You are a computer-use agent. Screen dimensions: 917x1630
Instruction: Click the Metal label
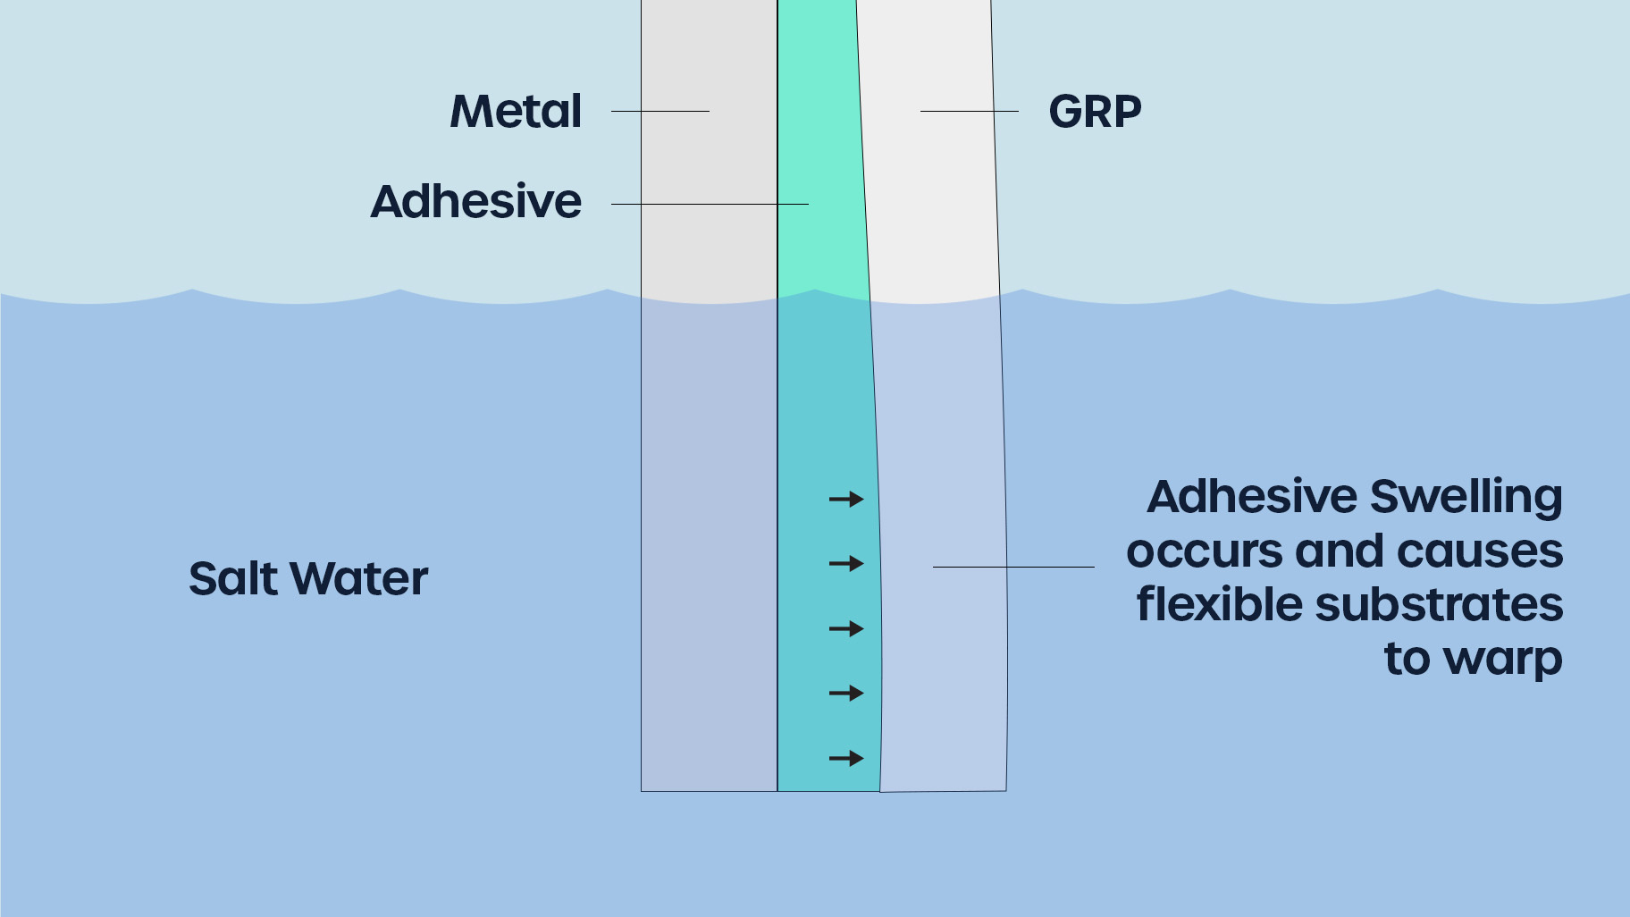click(516, 112)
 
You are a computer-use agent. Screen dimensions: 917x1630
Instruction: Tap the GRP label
click(1095, 112)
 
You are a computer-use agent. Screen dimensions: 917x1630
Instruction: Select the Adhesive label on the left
click(476, 201)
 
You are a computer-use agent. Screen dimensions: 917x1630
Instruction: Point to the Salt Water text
click(308, 578)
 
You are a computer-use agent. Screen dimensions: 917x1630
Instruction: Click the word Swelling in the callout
click(1466, 498)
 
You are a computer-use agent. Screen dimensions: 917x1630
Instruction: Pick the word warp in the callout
click(1503, 660)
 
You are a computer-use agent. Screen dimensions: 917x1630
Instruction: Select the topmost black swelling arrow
click(846, 499)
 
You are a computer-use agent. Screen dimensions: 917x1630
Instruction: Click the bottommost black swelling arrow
click(846, 759)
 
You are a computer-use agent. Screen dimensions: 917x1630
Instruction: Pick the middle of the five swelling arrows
click(846, 629)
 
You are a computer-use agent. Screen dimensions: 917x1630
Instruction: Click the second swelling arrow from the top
click(846, 564)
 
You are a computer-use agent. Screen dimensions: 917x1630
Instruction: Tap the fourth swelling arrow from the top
click(846, 694)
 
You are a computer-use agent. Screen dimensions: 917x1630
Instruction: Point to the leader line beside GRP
click(970, 111)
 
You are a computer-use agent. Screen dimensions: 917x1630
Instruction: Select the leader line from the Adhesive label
click(710, 204)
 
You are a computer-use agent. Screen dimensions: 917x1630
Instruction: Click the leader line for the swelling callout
click(1013, 567)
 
